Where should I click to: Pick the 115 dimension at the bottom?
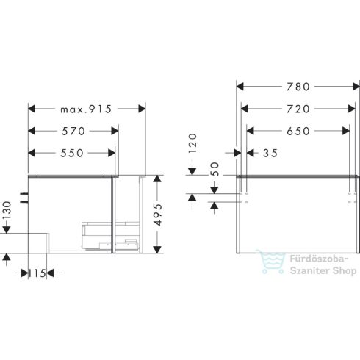point(37,273)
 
